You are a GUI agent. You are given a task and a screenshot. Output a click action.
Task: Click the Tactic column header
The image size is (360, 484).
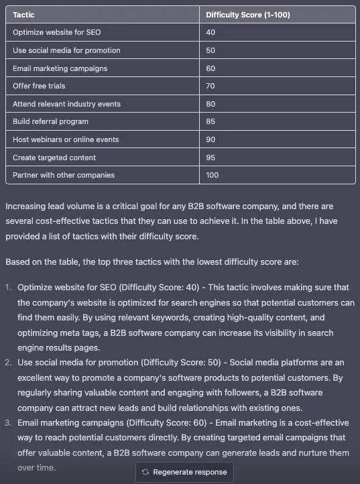tap(23, 14)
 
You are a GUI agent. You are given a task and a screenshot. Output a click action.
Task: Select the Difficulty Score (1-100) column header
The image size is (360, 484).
tap(247, 14)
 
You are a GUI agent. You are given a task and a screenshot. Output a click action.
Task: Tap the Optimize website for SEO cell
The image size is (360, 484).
tap(57, 32)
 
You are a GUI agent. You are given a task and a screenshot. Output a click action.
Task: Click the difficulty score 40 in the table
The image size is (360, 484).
tap(211, 32)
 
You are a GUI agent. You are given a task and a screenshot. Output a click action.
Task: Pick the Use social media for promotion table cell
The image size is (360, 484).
tap(66, 50)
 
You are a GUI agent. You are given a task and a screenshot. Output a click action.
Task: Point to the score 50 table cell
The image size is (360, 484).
tap(211, 50)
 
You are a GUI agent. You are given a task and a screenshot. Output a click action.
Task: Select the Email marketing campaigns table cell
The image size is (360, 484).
tap(60, 68)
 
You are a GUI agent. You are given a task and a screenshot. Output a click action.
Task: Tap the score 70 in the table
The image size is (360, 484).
tap(211, 86)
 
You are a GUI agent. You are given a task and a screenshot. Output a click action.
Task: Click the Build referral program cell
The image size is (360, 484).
tap(50, 121)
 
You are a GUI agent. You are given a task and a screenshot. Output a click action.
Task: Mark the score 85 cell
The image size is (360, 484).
tap(211, 121)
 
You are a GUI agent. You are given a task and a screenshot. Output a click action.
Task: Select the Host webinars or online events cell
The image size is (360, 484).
tap(66, 139)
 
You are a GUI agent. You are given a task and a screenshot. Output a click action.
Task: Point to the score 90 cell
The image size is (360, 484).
tap(211, 139)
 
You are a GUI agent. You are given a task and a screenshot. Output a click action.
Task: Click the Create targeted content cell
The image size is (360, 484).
tap(54, 157)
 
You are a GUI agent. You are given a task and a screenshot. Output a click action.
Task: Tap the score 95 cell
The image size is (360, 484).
tap(211, 157)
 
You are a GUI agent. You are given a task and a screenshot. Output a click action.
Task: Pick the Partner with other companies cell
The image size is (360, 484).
tap(64, 175)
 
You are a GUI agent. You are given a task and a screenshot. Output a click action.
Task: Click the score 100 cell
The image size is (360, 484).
tap(213, 175)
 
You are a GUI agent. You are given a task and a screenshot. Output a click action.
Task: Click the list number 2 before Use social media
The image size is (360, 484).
tap(8, 363)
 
